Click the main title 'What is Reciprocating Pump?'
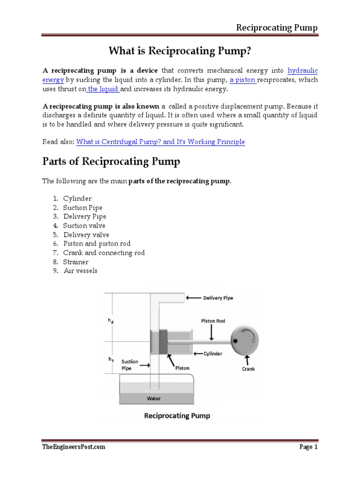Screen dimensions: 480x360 (x=180, y=50)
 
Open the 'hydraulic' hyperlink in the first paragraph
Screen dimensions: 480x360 (x=302, y=71)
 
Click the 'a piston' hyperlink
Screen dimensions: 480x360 (x=242, y=80)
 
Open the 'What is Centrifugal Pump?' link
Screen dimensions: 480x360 (x=160, y=142)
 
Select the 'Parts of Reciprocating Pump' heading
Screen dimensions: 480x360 (x=111, y=162)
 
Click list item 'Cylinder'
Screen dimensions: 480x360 (x=77, y=199)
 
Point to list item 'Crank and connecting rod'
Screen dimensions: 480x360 (x=104, y=253)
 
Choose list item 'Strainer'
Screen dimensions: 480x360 (x=76, y=262)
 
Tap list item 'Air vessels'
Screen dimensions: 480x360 (x=81, y=271)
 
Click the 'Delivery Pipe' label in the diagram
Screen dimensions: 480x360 (x=217, y=298)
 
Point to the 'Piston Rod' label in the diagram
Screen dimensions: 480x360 (x=213, y=321)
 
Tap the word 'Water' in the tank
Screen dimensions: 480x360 (x=153, y=398)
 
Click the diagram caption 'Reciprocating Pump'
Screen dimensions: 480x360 (x=177, y=415)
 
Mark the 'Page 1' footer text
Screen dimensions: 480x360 (x=308, y=447)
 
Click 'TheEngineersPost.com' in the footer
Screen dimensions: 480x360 (x=74, y=447)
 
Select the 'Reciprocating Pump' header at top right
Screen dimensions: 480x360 (x=276, y=28)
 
